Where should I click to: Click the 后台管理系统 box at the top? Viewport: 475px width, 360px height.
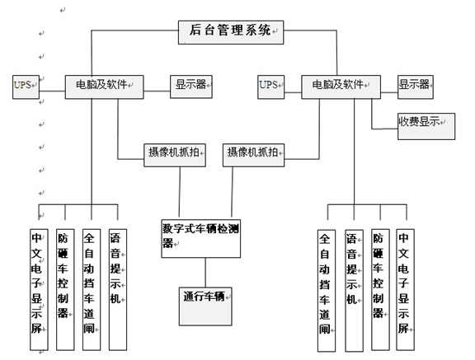(231, 32)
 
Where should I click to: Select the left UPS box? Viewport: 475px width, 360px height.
(26, 87)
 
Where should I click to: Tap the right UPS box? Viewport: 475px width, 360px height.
(270, 87)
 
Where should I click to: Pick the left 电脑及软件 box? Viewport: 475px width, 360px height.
(104, 87)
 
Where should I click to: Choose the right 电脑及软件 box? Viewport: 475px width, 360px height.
(341, 87)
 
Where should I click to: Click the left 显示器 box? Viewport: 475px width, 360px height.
(191, 86)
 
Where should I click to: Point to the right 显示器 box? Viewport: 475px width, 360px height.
(416, 87)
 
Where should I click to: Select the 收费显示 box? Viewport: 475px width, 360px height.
(426, 127)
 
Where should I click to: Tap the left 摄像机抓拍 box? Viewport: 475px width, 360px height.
(175, 155)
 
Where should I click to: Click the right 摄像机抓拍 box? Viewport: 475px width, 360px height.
(253, 155)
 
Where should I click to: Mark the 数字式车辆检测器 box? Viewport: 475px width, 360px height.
(201, 239)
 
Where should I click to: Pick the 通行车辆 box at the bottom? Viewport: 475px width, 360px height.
(205, 306)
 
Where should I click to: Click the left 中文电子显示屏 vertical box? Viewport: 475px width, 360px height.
(39, 289)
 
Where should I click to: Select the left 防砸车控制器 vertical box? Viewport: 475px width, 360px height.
(65, 289)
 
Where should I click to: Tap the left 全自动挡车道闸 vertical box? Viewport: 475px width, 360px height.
(92, 289)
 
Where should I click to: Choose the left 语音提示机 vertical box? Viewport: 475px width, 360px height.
(118, 289)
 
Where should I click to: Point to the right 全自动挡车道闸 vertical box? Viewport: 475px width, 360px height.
(327, 291)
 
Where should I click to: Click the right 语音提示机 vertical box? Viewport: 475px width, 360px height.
(354, 291)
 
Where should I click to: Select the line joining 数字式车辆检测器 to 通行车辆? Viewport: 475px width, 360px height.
(205, 273)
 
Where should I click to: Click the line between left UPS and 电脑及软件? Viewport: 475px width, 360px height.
(52, 91)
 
